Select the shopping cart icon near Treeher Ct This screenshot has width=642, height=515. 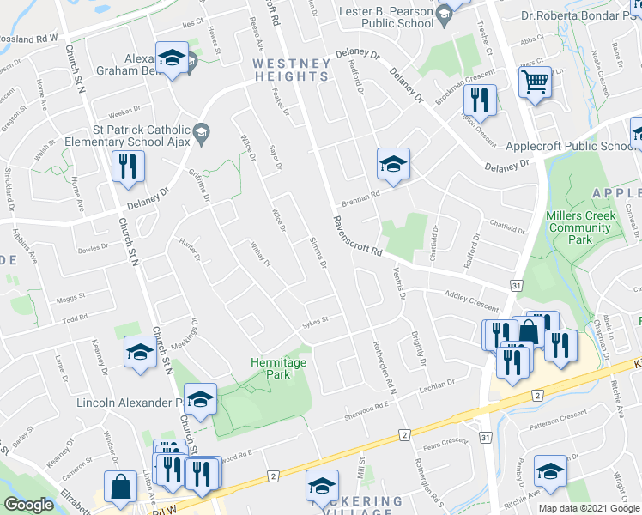click(535, 83)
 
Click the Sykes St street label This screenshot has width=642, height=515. click(314, 324)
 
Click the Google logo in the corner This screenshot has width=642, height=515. click(28, 505)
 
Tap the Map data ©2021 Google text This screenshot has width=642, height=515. click(588, 508)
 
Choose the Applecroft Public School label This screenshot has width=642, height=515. click(572, 147)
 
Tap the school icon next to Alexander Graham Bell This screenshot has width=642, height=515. click(172, 58)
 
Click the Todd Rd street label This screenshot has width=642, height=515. click(76, 318)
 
